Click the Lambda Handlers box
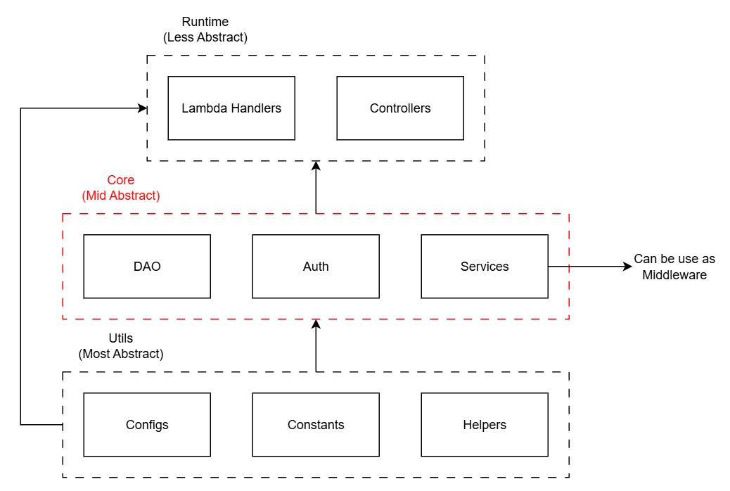tap(231, 108)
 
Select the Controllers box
tap(400, 108)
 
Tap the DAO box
tap(147, 267)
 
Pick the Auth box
tap(316, 267)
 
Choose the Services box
tap(485, 267)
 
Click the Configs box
tap(147, 425)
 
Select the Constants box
tap(316, 425)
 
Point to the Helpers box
tap(485, 425)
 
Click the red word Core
tap(121, 180)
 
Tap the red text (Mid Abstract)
tap(121, 196)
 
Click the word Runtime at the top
tap(205, 22)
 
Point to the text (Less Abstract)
tap(205, 37)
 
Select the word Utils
tap(121, 338)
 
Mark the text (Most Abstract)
tap(121, 354)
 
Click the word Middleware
tap(674, 275)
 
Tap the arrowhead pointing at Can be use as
tap(627, 267)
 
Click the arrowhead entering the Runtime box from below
tap(316, 166)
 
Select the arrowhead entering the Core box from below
tap(316, 324)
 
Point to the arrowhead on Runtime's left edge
tap(142, 108)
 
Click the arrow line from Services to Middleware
tap(587, 267)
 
